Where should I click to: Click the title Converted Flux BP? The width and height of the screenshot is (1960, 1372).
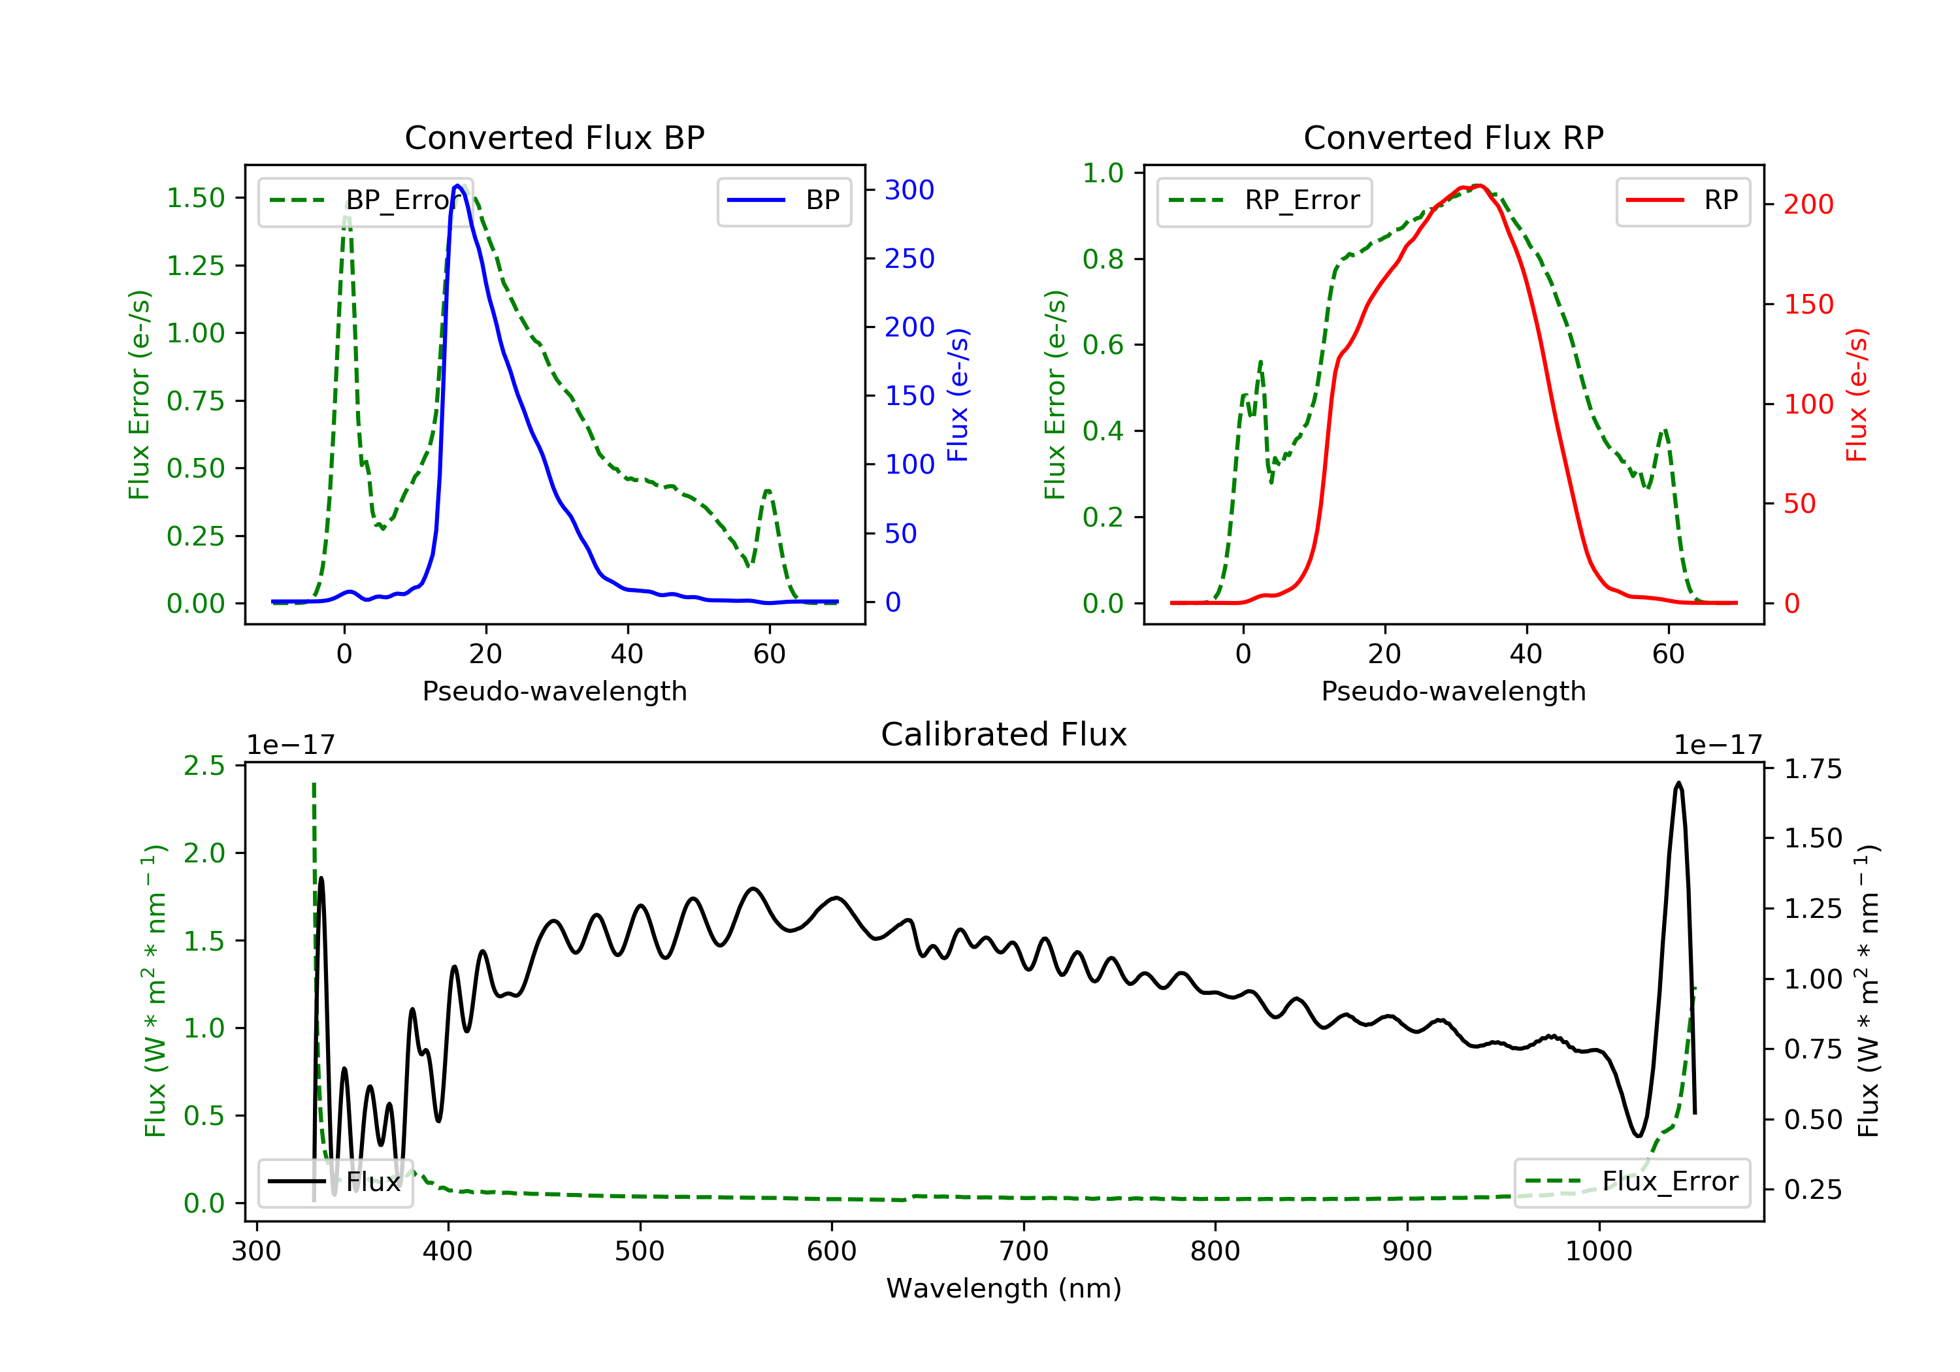pyautogui.click(x=554, y=137)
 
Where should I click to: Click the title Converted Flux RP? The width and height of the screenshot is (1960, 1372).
pyautogui.click(x=1453, y=137)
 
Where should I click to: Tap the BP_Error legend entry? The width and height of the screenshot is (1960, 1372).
pyautogui.click(x=365, y=201)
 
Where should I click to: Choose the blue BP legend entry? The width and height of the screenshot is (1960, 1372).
pyautogui.click(x=783, y=201)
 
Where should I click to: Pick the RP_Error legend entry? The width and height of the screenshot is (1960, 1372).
pyautogui.click(x=1264, y=201)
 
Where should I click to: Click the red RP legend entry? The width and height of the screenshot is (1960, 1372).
pyautogui.click(x=1682, y=201)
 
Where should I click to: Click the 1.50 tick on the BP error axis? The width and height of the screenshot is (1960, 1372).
pyautogui.click(x=195, y=198)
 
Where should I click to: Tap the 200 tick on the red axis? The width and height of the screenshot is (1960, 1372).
pyautogui.click(x=1808, y=204)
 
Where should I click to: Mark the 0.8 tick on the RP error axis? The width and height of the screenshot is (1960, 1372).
pyautogui.click(x=1103, y=259)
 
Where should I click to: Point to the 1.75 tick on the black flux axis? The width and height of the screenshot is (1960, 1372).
pyautogui.click(x=1813, y=769)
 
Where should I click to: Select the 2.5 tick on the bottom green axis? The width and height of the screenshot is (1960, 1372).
pyautogui.click(x=204, y=766)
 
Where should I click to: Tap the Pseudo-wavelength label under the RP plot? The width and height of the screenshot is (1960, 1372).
pyautogui.click(x=1453, y=691)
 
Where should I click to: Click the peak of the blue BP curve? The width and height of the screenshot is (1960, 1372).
pyautogui.click(x=457, y=186)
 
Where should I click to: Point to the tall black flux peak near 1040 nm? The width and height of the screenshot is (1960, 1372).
pyautogui.click(x=1678, y=782)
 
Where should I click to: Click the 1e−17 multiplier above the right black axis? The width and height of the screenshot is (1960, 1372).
pyautogui.click(x=1718, y=745)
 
